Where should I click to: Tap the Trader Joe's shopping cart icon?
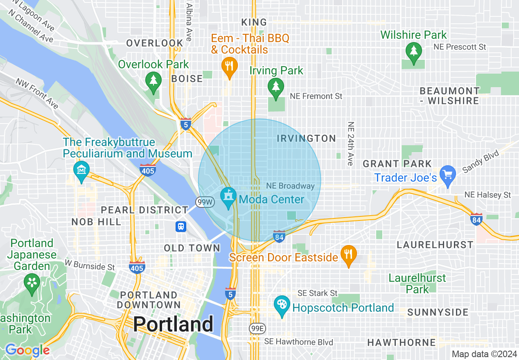pyautogui.click(x=448, y=175)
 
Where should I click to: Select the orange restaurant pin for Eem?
pyautogui.click(x=230, y=67)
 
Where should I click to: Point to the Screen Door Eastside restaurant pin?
pyautogui.click(x=348, y=255)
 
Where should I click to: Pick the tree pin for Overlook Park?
pyautogui.click(x=153, y=80)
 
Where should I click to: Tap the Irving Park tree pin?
pyautogui.click(x=276, y=87)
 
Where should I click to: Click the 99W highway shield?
pyautogui.click(x=205, y=202)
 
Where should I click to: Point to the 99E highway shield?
pyautogui.click(x=257, y=328)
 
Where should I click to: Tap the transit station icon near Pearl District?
pyautogui.click(x=181, y=226)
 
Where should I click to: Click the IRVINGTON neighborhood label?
pyautogui.click(x=306, y=139)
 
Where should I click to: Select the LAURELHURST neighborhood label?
pyautogui.click(x=435, y=245)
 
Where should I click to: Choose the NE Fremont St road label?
pyautogui.click(x=316, y=96)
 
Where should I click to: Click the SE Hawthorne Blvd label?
pyautogui.click(x=298, y=342)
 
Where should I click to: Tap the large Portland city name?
pyautogui.click(x=173, y=324)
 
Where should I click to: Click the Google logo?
pyautogui.click(x=27, y=350)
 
